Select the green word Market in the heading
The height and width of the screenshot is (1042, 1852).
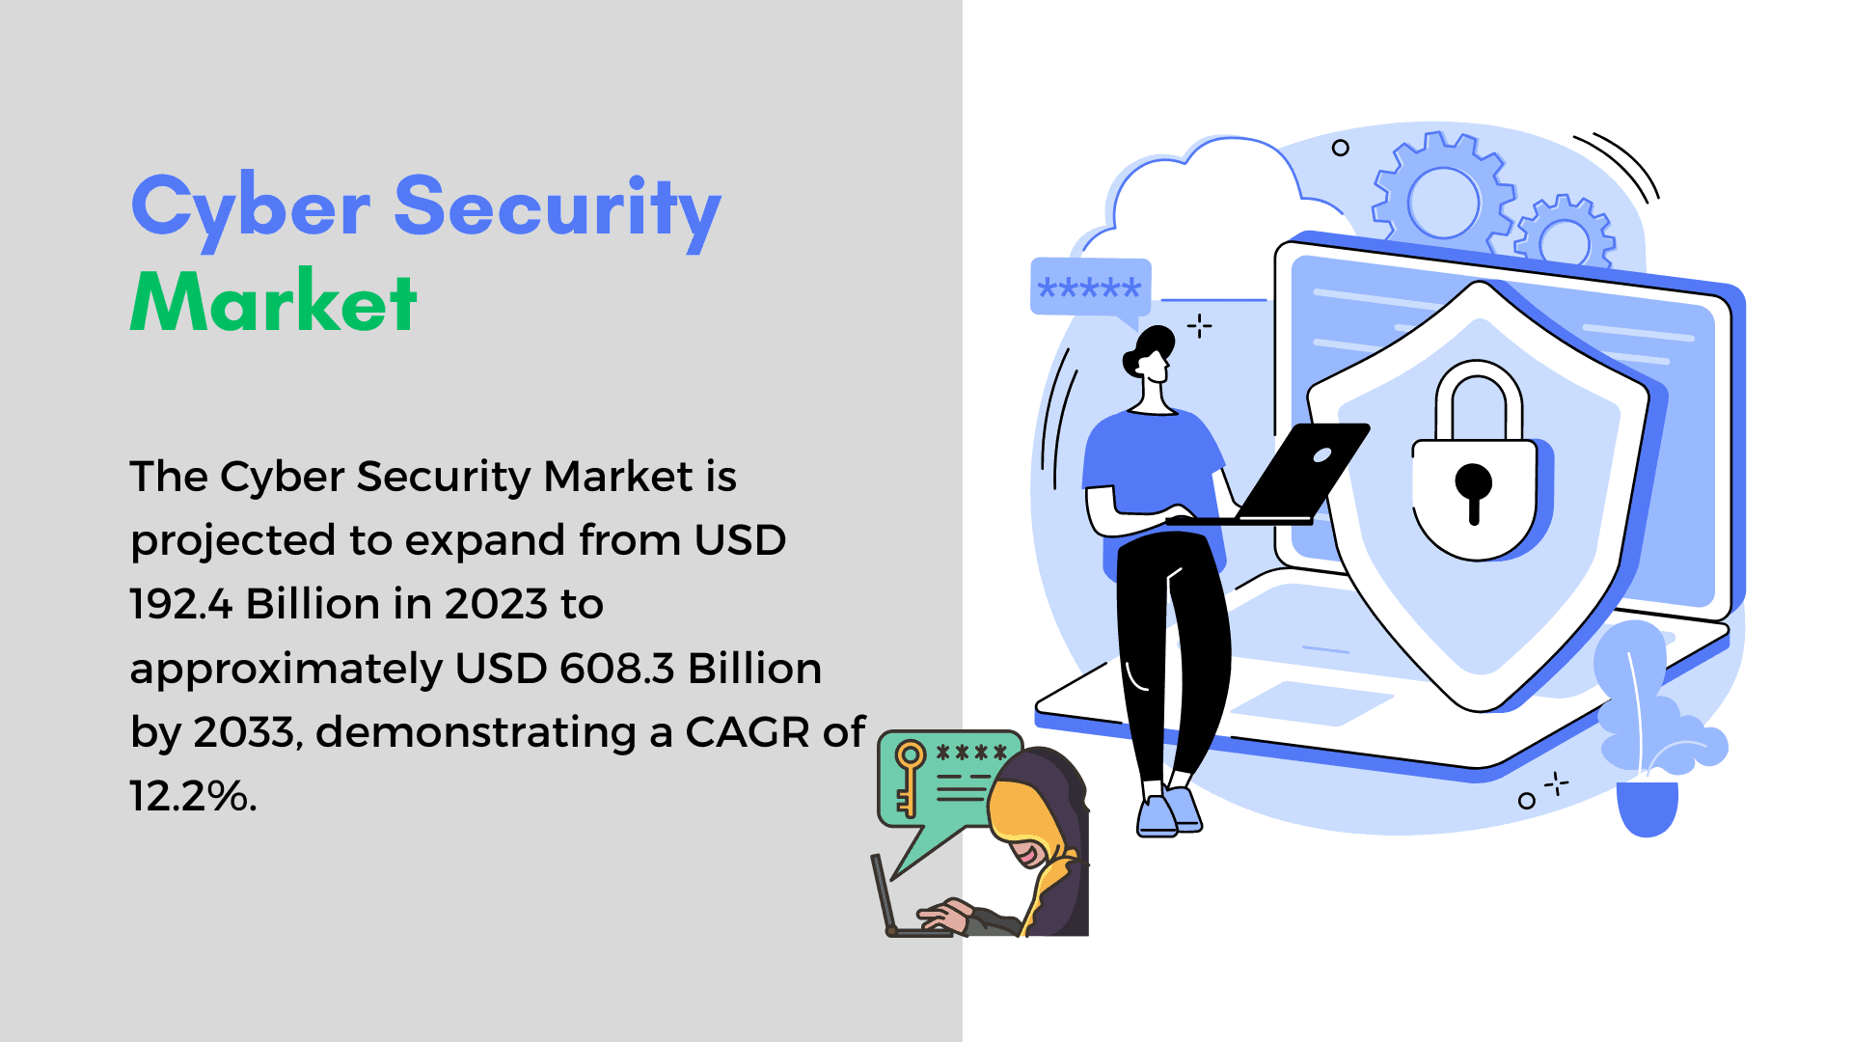pos(274,301)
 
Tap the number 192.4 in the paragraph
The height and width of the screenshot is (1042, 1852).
pos(181,604)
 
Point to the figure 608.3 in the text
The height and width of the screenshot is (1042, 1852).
pos(617,669)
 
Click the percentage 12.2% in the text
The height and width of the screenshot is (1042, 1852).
pos(193,796)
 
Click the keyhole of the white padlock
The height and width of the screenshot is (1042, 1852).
pos(1473,490)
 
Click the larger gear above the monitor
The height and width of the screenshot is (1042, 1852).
pos(1443,199)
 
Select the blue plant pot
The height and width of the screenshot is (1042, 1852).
pos(1648,807)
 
